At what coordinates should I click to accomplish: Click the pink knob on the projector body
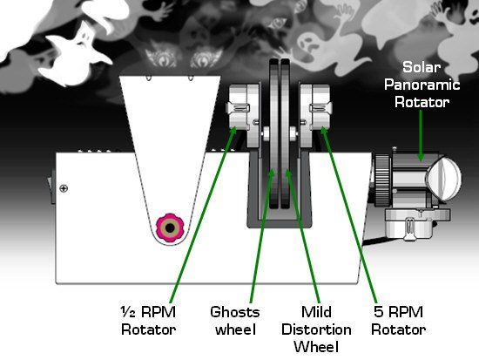[x=170, y=228]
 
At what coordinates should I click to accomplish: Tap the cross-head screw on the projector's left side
[x=64, y=188]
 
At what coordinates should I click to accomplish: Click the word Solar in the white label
[x=422, y=67]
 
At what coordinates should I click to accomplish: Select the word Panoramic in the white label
[x=422, y=85]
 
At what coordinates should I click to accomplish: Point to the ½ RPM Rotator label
[x=148, y=321]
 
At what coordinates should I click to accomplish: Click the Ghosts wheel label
[x=235, y=321]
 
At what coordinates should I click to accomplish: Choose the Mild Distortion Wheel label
[x=316, y=329]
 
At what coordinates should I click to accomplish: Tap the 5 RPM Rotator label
[x=398, y=321]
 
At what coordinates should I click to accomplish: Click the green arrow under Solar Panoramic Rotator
[x=421, y=135]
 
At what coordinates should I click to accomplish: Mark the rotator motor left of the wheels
[x=244, y=115]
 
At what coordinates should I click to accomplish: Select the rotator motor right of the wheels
[x=315, y=115]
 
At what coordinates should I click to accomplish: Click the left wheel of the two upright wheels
[x=274, y=133]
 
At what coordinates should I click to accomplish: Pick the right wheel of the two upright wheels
[x=285, y=133]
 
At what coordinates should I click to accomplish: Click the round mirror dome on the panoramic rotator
[x=443, y=178]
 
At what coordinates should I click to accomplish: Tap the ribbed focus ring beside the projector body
[x=382, y=180]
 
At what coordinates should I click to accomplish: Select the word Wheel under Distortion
[x=316, y=347]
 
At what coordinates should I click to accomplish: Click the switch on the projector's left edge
[x=52, y=187]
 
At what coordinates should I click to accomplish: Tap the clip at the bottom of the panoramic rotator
[x=408, y=228]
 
